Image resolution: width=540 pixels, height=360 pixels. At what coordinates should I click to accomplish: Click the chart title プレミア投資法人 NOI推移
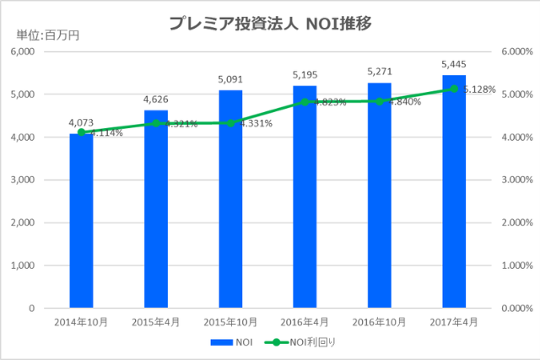[x=269, y=23]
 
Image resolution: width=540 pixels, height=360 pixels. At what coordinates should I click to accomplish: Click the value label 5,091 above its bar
[x=230, y=80]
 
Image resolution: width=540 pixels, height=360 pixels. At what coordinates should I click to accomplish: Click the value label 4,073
[x=82, y=124]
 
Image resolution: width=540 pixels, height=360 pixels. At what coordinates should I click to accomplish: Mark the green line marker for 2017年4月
[x=454, y=89]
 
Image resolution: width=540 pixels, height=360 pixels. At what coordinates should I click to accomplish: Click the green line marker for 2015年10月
[x=230, y=123]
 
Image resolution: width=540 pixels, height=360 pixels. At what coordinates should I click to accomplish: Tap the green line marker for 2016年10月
[x=380, y=101]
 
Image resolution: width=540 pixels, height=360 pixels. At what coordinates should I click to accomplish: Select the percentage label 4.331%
[x=255, y=124]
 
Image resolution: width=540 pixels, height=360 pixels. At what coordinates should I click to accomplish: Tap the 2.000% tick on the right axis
[x=517, y=223]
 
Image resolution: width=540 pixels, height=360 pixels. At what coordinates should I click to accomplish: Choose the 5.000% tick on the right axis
[x=517, y=94]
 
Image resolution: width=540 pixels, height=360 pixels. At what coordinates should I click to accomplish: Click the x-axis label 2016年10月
[x=380, y=323]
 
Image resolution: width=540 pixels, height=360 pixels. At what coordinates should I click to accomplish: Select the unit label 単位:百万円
[x=45, y=35]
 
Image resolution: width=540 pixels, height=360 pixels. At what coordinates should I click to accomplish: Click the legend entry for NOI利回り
[x=300, y=343]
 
